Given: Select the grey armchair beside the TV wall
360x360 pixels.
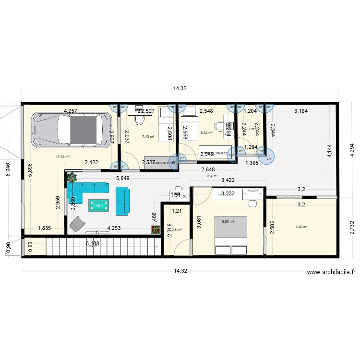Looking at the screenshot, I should tap(76, 224).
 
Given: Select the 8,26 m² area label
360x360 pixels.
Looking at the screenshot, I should tap(301, 227).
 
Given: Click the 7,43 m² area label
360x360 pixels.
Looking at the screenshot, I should tap(148, 136).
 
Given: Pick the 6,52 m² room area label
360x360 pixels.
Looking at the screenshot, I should tap(206, 133).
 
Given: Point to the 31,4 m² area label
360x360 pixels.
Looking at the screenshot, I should tap(212, 176).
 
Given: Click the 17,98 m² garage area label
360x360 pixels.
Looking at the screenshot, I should tap(63, 156).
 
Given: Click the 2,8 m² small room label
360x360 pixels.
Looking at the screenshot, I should tap(177, 230).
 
